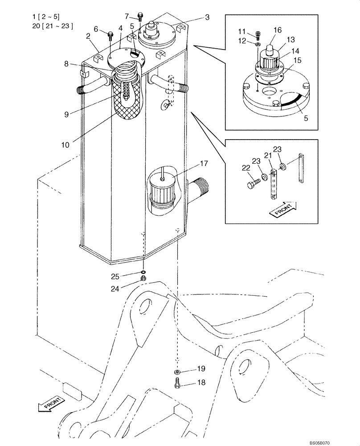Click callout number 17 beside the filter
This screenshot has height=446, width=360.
coord(203,164)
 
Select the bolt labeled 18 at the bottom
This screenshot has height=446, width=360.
coord(177,382)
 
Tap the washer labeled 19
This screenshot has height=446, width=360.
coord(177,372)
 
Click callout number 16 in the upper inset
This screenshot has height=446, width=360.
coord(277,30)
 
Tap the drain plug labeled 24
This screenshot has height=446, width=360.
coord(143,279)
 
